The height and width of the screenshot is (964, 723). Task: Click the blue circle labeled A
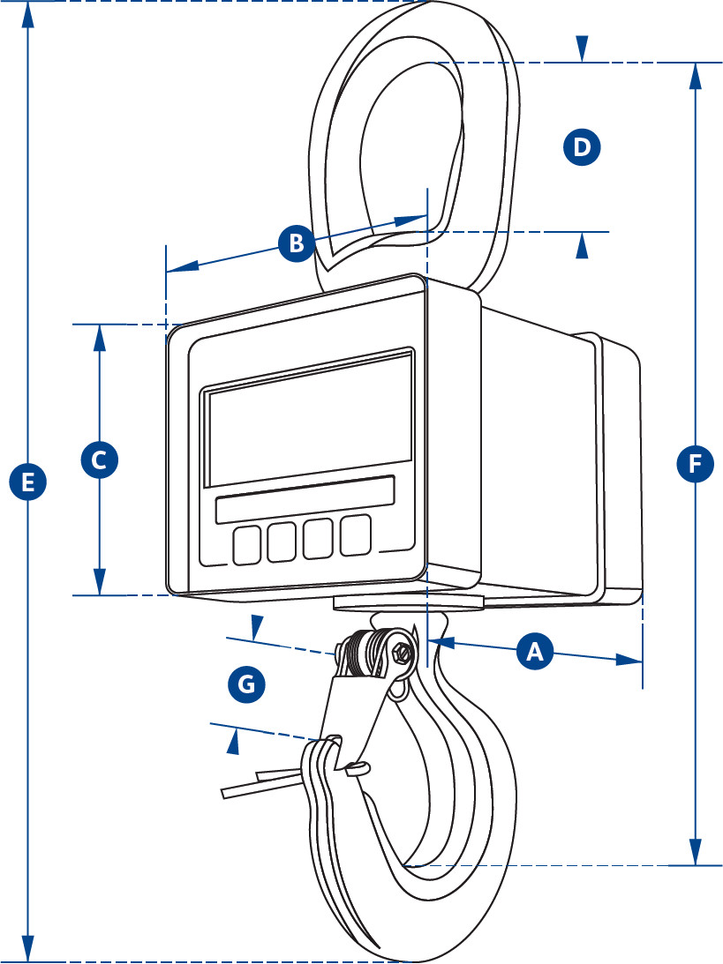pos(533,652)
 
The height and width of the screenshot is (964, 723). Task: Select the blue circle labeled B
pos(296,243)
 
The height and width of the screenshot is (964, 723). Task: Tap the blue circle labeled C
pos(99,460)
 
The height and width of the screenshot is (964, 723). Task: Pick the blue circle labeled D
pos(581,146)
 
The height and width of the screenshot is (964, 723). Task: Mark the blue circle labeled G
pos(246,684)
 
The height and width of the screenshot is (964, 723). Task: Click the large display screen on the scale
pos(309,419)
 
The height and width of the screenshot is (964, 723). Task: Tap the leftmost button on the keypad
pos(247,544)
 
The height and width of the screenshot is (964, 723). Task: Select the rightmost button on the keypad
pos(356,535)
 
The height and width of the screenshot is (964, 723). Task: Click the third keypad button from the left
pos(319,538)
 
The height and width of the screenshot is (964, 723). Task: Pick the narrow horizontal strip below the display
pos(305,500)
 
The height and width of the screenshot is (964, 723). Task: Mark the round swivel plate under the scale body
pos(409,602)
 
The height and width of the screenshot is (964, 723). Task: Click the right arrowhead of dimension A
pos(630,660)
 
